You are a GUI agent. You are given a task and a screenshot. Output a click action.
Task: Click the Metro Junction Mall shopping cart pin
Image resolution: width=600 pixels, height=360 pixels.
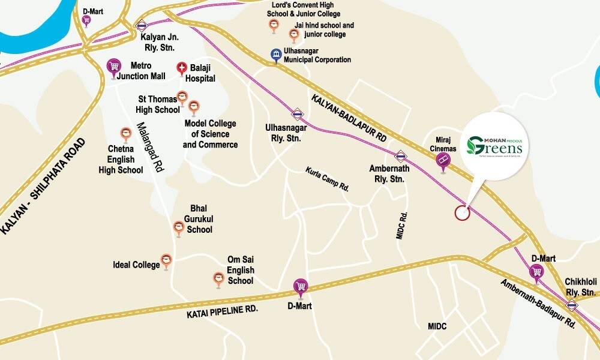pyautogui.click(x=113, y=67)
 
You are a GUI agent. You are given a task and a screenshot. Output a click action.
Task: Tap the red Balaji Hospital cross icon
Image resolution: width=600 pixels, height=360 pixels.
pyautogui.click(x=181, y=69)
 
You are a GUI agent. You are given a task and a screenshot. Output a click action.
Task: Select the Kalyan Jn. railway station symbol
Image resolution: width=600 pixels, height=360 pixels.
pyautogui.click(x=142, y=26)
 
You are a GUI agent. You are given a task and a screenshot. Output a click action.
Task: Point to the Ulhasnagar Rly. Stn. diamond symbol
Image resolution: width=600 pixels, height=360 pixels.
pyautogui.click(x=297, y=113)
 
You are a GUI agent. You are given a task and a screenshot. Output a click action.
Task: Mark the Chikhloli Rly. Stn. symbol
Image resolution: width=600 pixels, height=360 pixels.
pyautogui.click(x=572, y=305)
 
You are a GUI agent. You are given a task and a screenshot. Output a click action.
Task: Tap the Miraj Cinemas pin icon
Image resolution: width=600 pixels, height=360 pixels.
pyautogui.click(x=443, y=160)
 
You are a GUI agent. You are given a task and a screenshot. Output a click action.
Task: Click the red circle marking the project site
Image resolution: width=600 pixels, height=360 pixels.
pyautogui.click(x=461, y=212)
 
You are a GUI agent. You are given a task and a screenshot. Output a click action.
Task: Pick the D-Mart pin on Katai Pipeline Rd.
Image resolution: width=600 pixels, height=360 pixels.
pyautogui.click(x=301, y=286)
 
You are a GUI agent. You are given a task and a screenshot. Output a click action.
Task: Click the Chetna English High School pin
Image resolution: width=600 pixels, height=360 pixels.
pyautogui.click(x=126, y=134)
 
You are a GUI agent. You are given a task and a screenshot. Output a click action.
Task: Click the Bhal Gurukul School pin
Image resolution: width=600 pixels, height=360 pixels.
pyautogui.click(x=178, y=227)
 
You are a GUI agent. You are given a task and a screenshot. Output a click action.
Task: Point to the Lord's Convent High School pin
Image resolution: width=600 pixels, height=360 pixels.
pyautogui.click(x=274, y=25)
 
